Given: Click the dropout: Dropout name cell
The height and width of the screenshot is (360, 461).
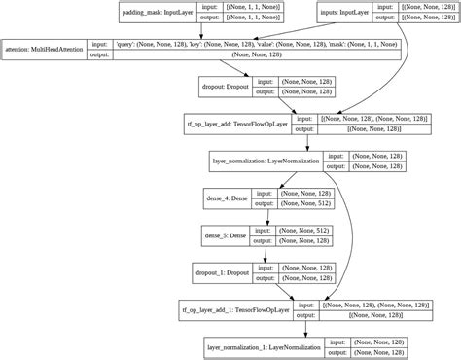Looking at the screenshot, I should point(225,87).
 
